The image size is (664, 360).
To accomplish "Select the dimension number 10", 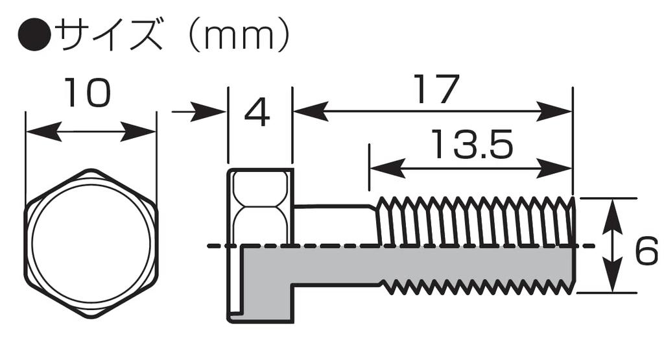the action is click(88, 93).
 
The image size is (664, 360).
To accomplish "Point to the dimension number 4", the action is click(257, 114).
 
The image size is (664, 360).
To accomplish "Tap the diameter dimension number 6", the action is click(646, 251).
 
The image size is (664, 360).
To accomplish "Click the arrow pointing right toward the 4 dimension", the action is click(198, 112).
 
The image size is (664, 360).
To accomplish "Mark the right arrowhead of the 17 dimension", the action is click(554, 112).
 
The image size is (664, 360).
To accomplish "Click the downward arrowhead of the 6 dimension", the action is click(612, 274).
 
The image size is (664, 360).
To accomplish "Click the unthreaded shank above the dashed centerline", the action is click(335, 225).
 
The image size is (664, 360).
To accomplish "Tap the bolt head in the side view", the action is click(261, 246).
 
